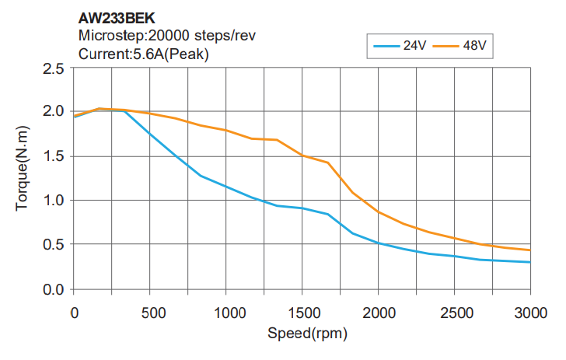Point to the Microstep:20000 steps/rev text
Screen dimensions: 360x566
coord(168,36)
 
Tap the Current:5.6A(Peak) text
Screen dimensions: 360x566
coord(144,54)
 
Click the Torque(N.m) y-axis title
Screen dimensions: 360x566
coord(23,178)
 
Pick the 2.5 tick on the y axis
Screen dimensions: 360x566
coord(53,68)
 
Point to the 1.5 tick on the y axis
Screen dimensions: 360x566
coord(53,156)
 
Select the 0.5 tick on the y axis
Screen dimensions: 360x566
coord(53,245)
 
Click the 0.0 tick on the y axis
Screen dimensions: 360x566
coord(53,289)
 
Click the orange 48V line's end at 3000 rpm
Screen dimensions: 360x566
coord(530,250)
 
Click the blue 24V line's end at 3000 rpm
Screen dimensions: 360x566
coord(530,262)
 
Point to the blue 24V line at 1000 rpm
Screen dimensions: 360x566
coord(225,187)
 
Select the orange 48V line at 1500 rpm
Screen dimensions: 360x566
coord(302,155)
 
